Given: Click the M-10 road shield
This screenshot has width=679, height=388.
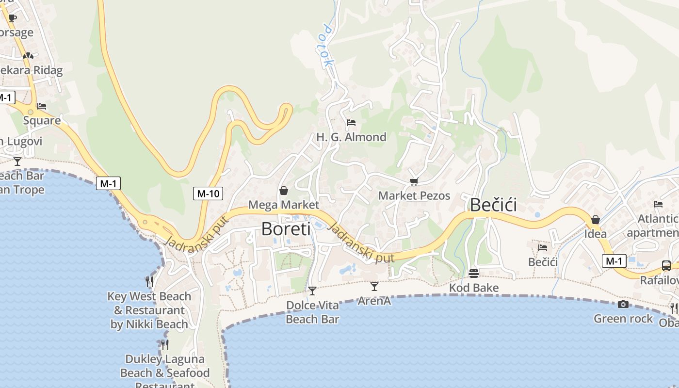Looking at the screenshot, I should tap(208, 194).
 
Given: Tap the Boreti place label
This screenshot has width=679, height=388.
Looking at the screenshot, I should tap(286, 228).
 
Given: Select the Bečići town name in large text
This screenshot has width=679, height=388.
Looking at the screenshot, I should tap(493, 205).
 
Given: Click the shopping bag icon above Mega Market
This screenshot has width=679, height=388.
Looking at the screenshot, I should tap(284, 191).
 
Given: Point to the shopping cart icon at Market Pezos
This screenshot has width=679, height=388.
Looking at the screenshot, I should tap(414, 181).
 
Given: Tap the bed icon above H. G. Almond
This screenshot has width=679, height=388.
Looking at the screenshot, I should tap(351, 123).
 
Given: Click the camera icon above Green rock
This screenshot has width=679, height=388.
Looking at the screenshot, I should tap(623, 304).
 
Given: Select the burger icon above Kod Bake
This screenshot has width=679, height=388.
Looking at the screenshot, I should tap(474, 274).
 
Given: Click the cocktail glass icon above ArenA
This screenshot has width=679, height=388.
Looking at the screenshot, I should tap(374, 287).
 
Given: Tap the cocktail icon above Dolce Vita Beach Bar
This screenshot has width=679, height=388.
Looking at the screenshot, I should tap(312, 291).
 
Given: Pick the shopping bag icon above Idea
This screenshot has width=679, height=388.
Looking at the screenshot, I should tap(596, 220).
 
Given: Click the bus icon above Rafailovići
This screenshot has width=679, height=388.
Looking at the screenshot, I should tap(666, 265).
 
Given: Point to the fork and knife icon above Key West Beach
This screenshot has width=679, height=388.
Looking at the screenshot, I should tap(149, 281).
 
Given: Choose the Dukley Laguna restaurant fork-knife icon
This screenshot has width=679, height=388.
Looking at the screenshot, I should tap(165, 344).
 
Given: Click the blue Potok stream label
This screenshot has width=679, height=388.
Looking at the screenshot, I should tap(327, 46).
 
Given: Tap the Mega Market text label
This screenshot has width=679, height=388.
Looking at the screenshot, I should tap(284, 205).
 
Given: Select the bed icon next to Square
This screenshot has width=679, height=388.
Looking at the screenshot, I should tap(42, 106).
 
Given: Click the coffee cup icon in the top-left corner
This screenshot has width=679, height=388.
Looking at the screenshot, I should tap(13, 18).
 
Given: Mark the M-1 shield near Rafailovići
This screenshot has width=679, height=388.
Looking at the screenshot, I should tap(614, 261).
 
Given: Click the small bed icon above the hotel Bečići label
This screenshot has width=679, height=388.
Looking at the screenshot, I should tap(543, 247).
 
